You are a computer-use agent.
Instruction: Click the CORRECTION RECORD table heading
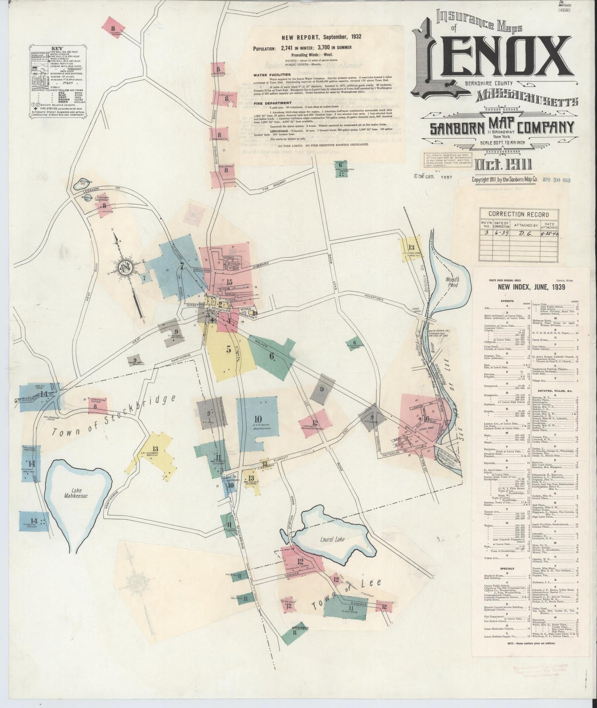pyautogui.click(x=519, y=214)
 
